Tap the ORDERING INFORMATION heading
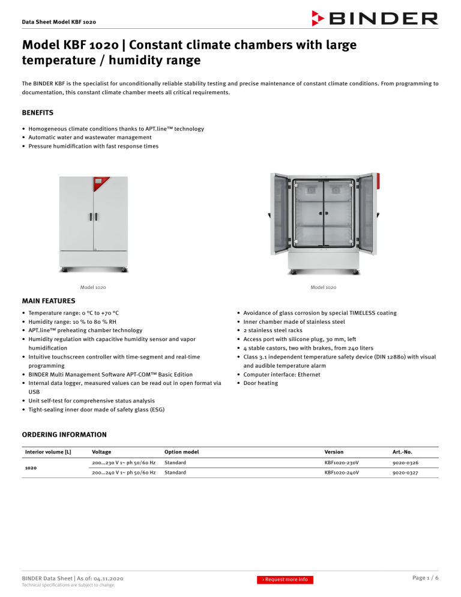click(64, 434)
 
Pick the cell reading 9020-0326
click(402, 462)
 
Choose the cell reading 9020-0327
click(402, 473)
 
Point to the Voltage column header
click(101, 452)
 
